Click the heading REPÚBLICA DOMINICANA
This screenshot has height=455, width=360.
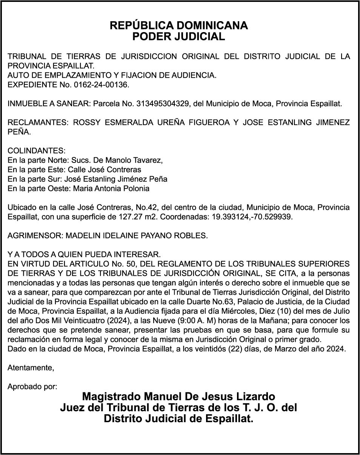178,26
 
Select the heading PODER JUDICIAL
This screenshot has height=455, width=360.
178,37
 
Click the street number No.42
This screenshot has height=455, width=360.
146,208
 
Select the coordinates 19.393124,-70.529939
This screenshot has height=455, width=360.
249,217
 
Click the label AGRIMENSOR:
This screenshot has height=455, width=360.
35,236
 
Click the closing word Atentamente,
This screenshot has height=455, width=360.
31,368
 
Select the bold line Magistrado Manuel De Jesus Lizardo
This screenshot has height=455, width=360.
178,397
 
